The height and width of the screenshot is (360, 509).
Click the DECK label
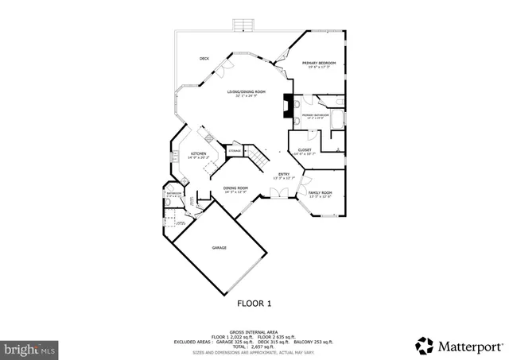(x=204, y=59)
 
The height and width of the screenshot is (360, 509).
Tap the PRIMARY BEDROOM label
(x=318, y=63)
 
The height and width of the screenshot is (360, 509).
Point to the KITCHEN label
(x=198, y=153)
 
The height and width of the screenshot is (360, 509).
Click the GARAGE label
(x=219, y=248)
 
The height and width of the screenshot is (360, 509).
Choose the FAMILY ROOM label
(x=321, y=193)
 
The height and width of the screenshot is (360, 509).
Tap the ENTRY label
(x=283, y=174)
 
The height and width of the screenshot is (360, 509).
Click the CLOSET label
(x=305, y=149)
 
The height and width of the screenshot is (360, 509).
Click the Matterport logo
(x=459, y=344)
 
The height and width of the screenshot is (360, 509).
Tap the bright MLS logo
(x=30, y=348)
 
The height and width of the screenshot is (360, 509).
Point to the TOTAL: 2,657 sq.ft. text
(x=254, y=347)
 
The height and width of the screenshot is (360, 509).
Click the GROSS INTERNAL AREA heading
(x=254, y=331)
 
